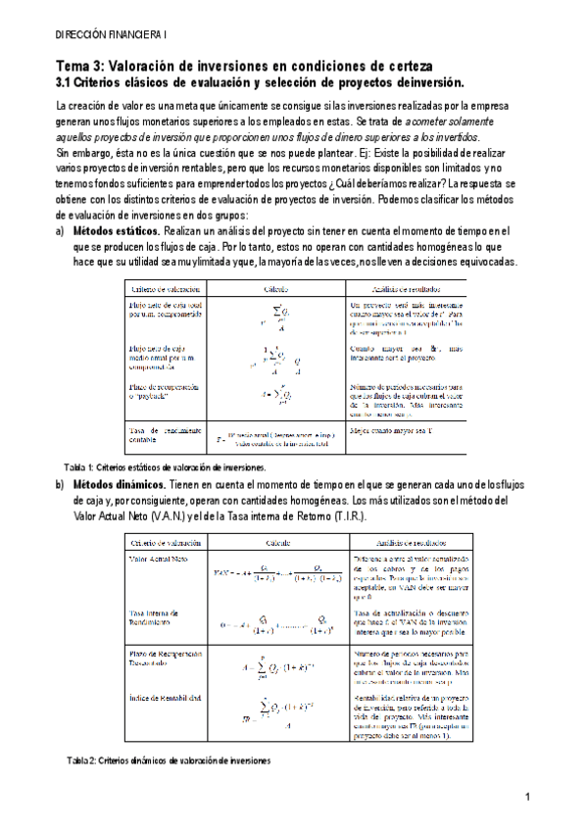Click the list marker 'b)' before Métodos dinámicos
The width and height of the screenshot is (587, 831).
[60, 486]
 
